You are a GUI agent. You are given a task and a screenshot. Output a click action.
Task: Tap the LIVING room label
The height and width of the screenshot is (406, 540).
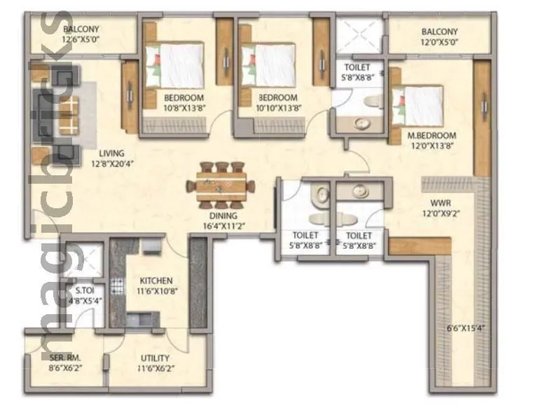click(111, 153)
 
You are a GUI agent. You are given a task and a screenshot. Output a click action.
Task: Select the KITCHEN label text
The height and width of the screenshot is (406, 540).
click(155, 280)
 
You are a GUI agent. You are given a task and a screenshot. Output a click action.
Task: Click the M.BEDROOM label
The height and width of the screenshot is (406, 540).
click(433, 135)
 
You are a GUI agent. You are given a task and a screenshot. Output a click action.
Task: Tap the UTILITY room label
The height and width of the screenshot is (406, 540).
click(154, 358)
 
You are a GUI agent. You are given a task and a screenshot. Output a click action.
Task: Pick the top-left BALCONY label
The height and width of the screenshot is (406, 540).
click(81, 29)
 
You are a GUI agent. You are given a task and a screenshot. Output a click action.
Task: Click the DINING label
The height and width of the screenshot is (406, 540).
click(223, 216)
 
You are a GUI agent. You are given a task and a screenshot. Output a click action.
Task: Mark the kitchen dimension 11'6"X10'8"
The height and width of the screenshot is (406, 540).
click(155, 290)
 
